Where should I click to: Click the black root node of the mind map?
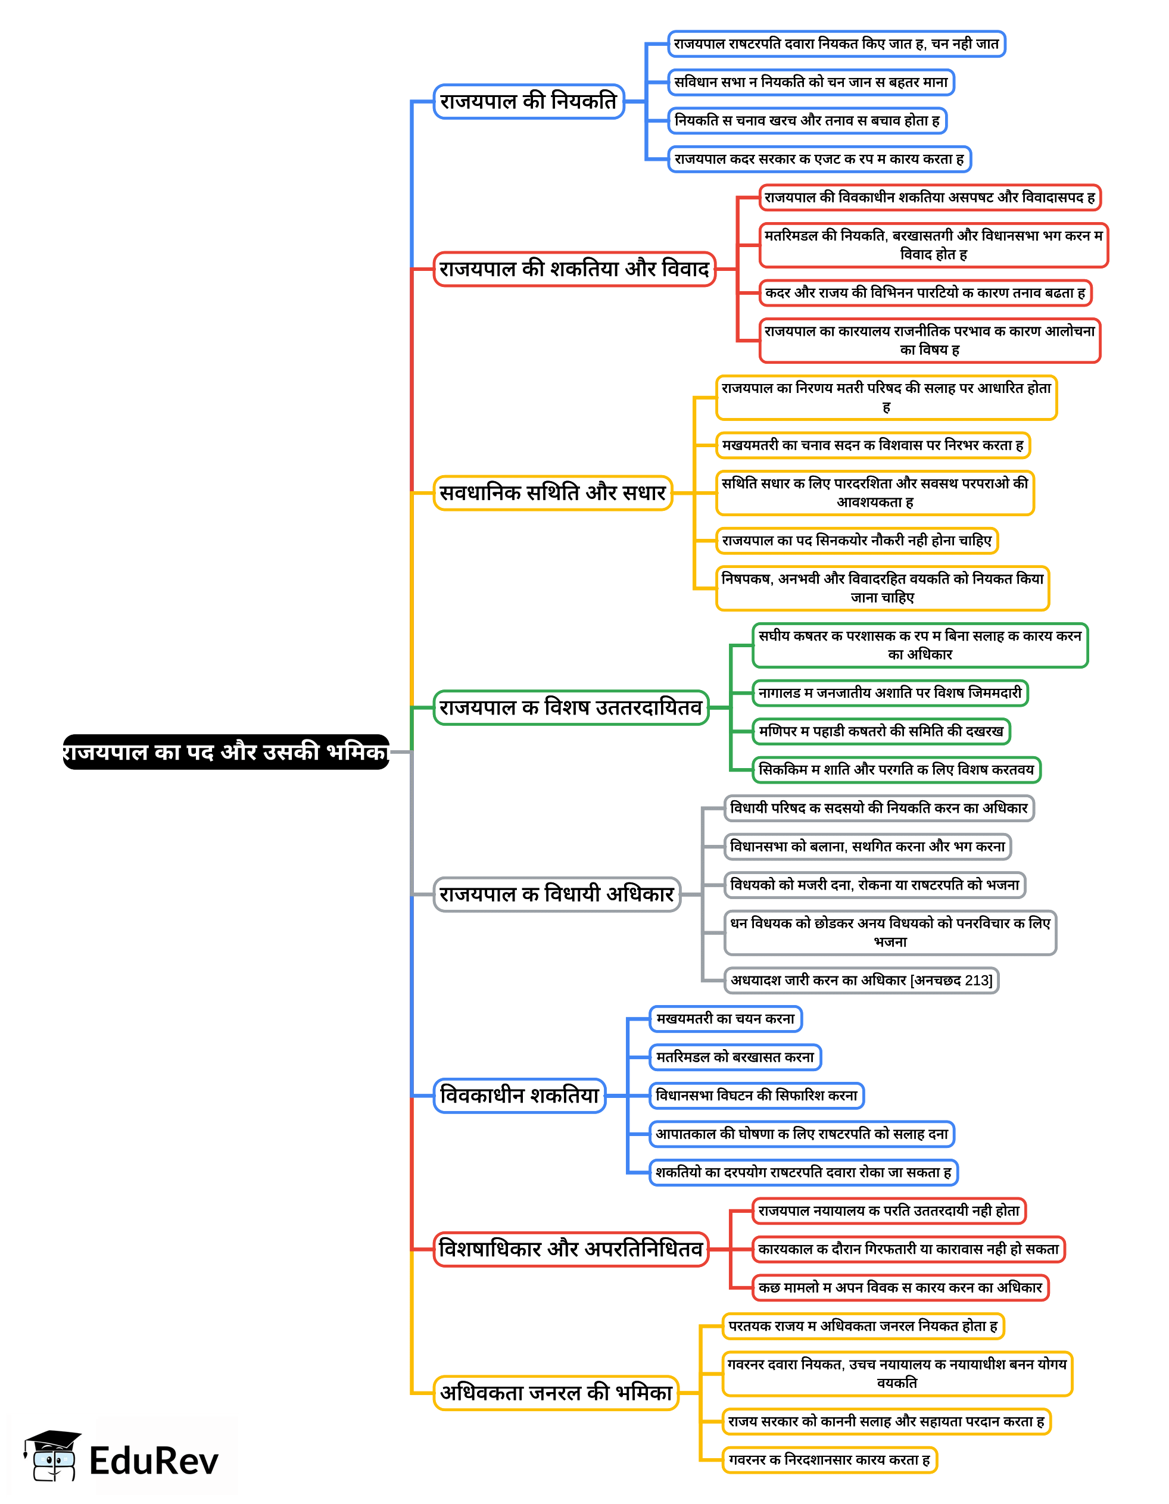coord(225,751)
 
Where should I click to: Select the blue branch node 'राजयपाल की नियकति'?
coord(528,101)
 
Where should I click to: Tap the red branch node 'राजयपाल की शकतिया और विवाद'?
coord(574,269)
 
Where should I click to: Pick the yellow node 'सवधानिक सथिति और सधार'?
coord(553,492)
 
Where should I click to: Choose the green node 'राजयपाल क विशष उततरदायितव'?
coord(571,707)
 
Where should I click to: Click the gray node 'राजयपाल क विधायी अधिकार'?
coord(557,894)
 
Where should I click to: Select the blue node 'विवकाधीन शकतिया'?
coord(519,1095)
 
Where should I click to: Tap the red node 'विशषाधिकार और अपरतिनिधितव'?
coord(571,1249)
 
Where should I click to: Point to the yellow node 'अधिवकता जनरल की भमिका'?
coord(556,1393)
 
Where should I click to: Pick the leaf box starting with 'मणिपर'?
coord(881,731)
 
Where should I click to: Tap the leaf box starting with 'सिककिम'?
coord(896,769)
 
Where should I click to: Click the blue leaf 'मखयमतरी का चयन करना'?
coord(725,1019)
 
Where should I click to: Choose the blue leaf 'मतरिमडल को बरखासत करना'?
coord(735,1057)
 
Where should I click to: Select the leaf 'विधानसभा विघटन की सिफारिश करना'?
coord(756,1095)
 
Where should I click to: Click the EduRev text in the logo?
coord(154,1461)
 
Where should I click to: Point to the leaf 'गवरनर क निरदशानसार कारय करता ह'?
coord(830,1459)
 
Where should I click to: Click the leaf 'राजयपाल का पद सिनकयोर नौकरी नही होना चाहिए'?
coord(857,541)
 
